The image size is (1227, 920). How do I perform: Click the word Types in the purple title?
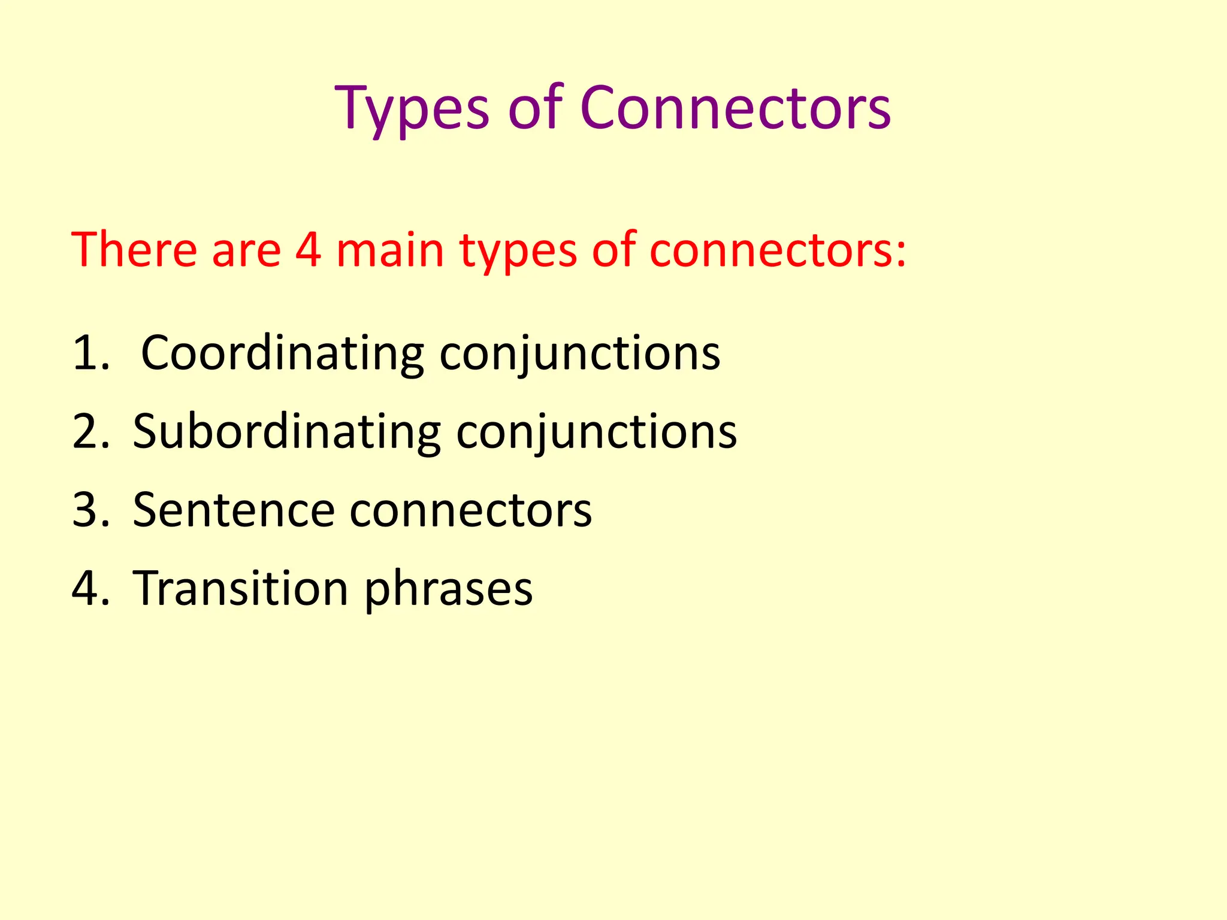tap(412, 109)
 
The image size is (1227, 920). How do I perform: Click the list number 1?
tap(90, 353)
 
